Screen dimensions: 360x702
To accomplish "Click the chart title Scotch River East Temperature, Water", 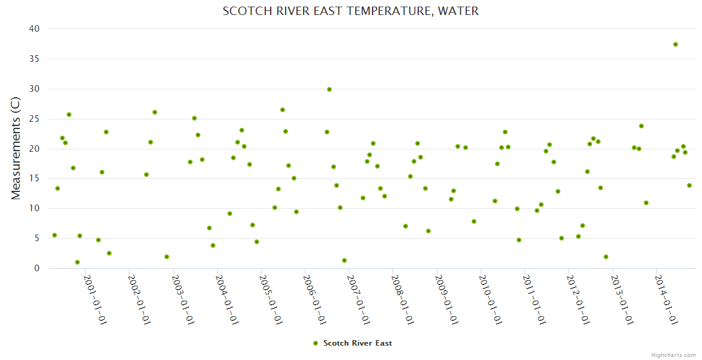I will (x=350, y=11).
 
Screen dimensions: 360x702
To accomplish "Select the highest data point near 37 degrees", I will (x=676, y=44).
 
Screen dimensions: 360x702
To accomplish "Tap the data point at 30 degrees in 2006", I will (x=329, y=89).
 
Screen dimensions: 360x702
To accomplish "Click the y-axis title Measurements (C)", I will (x=16, y=148).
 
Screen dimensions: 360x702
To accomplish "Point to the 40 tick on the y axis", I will (x=34, y=29).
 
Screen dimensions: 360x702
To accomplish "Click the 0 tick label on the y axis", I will (x=37, y=268).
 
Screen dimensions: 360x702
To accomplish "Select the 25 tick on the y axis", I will (x=34, y=119).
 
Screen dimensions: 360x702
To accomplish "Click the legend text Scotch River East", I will (x=358, y=343).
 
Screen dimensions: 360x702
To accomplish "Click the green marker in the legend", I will (x=316, y=343).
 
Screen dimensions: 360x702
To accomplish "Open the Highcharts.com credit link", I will (x=673, y=355).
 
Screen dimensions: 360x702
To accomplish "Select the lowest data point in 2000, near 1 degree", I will (x=77, y=262).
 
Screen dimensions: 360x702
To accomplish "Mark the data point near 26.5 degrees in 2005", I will (x=283, y=110).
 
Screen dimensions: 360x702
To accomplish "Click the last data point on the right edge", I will (x=689, y=185).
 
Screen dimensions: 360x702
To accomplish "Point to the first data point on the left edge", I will (x=55, y=235).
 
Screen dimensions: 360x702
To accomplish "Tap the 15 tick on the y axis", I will (x=34, y=179).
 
